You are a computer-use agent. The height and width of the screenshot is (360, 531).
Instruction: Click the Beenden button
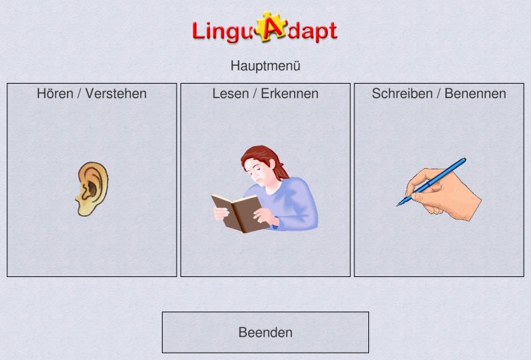point(265,332)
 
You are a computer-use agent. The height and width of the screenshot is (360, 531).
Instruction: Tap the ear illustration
point(92,189)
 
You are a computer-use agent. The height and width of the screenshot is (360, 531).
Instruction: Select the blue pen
point(431,182)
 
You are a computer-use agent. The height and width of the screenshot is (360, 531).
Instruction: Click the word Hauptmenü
point(265,66)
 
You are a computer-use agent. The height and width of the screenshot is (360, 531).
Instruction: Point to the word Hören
point(55,94)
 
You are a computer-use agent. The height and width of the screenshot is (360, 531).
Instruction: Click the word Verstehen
point(115,94)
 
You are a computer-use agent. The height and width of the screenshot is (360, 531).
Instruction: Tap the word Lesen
point(230,94)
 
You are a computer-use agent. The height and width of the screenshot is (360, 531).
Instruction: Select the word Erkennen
point(289,94)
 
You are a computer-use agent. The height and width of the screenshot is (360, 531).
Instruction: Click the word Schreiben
point(402,94)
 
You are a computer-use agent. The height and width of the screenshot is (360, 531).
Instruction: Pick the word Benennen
point(475,94)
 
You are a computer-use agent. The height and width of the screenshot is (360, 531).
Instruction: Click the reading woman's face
point(256,171)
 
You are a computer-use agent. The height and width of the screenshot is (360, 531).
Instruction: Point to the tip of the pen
point(398,205)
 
